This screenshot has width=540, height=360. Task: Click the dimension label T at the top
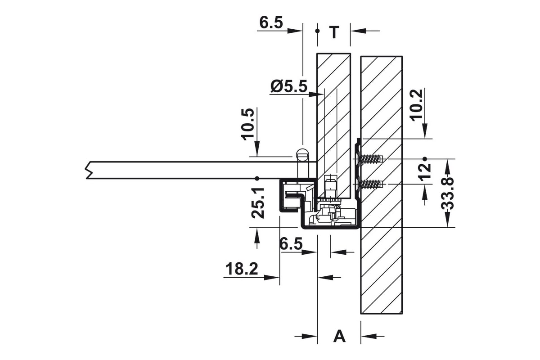[x=334, y=32]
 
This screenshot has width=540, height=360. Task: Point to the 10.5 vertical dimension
[x=248, y=124]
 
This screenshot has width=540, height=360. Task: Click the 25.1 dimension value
[x=258, y=203]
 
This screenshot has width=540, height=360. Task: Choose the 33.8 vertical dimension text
[x=447, y=194]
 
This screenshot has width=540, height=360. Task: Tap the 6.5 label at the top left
[x=271, y=22]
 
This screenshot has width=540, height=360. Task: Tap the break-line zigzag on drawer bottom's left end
[x=89, y=170]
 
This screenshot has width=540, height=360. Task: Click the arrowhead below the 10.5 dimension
[x=257, y=149]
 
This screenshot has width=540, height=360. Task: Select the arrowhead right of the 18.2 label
[x=271, y=278]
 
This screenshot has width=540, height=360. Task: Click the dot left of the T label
[x=317, y=31]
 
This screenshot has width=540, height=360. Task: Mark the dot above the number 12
[x=425, y=159]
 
